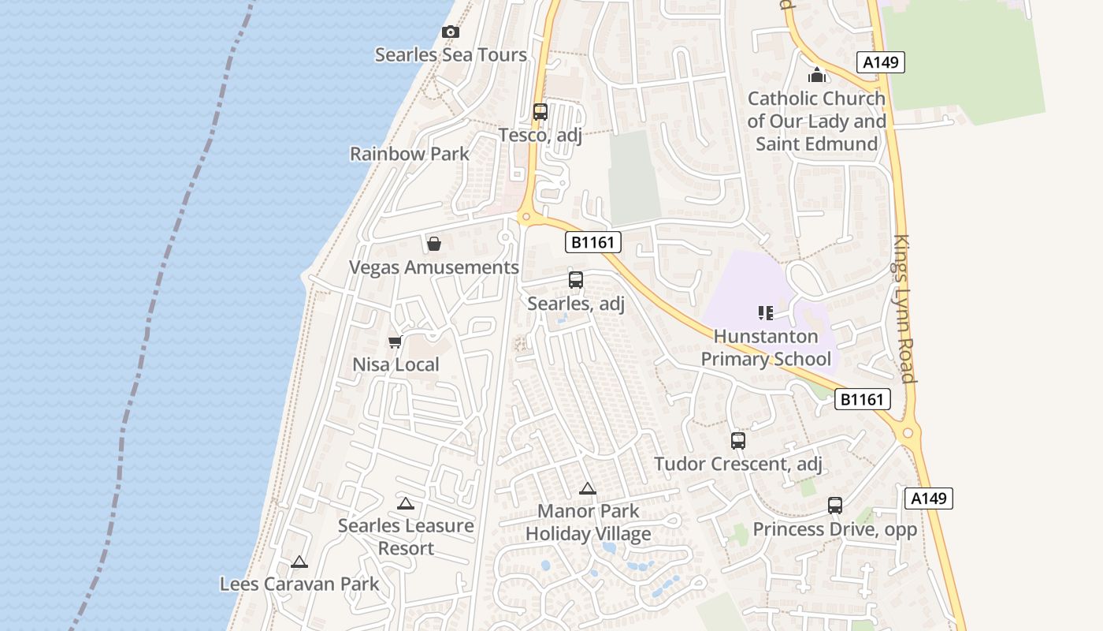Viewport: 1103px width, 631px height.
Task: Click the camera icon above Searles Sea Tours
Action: [x=451, y=32]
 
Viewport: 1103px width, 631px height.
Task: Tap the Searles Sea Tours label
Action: [x=451, y=55]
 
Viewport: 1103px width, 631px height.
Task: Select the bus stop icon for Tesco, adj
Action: [x=540, y=112]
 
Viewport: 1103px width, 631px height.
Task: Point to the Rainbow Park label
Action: [x=410, y=154]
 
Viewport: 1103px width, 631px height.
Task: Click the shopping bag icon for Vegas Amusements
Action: [x=434, y=244]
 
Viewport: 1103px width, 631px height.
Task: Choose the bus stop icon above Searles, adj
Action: [x=576, y=280]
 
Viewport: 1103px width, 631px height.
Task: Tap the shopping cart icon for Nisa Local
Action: [x=396, y=342]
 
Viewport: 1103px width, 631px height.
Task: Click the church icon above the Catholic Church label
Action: [x=817, y=76]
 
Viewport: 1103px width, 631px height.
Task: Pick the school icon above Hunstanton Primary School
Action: [x=766, y=313]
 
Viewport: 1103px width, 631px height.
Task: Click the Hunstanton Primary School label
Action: [x=766, y=348]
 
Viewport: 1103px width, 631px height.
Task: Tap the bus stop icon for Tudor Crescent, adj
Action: [x=738, y=441]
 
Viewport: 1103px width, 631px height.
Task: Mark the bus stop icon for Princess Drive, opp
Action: [x=835, y=506]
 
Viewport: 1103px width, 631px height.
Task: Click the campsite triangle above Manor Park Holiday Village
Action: [x=588, y=489]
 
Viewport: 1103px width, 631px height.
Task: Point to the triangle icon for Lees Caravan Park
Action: [x=299, y=562]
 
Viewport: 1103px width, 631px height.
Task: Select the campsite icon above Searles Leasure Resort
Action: [x=406, y=504]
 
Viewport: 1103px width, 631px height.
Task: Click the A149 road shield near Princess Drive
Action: [x=929, y=498]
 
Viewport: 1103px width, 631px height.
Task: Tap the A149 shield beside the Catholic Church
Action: [x=880, y=62]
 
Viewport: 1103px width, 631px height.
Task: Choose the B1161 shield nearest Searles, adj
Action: [x=593, y=242]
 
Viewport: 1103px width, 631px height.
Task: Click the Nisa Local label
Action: [x=396, y=365]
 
